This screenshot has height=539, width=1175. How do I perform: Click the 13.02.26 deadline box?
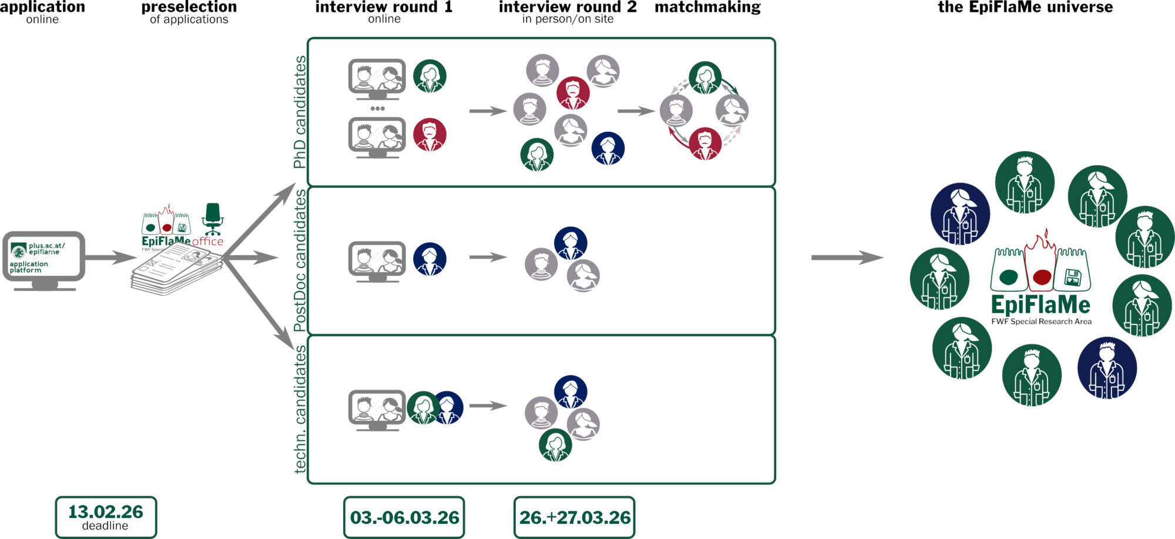pyautogui.click(x=106, y=517)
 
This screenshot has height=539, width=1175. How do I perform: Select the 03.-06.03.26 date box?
pyautogui.click(x=404, y=517)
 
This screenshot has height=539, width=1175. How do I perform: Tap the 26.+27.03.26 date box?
pyautogui.click(x=575, y=517)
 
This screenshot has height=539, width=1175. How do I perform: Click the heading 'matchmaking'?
pyautogui.click(x=707, y=7)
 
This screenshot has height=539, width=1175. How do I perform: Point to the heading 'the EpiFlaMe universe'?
pyautogui.click(x=1025, y=7)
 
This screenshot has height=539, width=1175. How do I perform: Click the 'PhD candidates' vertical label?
pyautogui.click(x=300, y=112)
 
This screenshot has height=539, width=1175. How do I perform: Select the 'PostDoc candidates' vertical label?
pyautogui.click(x=300, y=260)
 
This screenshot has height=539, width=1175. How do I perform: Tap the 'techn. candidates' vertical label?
pyautogui.click(x=300, y=409)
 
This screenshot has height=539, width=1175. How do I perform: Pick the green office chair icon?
pyautogui.click(x=213, y=219)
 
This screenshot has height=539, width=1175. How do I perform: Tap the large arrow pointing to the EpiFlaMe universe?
pyautogui.click(x=847, y=257)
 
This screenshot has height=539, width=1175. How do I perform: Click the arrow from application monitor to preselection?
pyautogui.click(x=110, y=257)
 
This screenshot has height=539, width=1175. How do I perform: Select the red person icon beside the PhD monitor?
pyautogui.click(x=429, y=135)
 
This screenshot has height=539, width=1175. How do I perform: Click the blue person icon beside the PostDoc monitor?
pyautogui.click(x=429, y=259)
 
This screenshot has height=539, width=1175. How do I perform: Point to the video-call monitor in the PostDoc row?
pyautogui.click(x=377, y=261)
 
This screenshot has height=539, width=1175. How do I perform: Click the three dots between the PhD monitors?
pyautogui.click(x=377, y=109)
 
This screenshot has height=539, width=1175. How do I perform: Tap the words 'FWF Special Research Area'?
pyautogui.click(x=1041, y=322)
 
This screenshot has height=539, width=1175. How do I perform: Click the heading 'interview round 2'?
pyautogui.click(x=568, y=7)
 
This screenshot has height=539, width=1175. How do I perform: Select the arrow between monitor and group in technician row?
pyautogui.click(x=488, y=406)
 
